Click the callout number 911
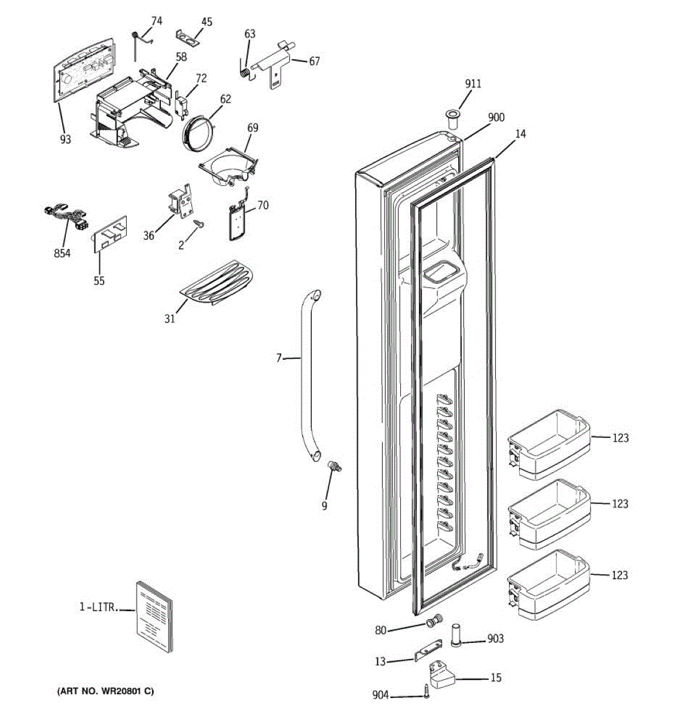click(473, 84)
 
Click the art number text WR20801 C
click(105, 691)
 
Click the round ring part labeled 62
click(197, 128)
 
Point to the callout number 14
click(520, 134)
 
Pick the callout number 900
click(496, 118)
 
